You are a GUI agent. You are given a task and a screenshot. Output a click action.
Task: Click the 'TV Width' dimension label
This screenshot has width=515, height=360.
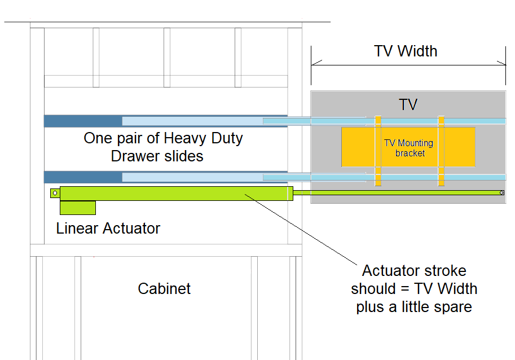pos(406,51)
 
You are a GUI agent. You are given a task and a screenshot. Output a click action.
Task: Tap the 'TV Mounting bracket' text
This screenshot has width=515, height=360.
pos(409,148)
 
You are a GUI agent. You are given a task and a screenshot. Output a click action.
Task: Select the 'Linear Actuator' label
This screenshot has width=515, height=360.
pos(108,229)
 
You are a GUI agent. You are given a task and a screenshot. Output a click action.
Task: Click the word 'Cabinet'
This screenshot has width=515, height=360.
pos(164,289)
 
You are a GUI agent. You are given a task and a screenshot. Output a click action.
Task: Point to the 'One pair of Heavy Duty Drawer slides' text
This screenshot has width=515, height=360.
pos(163,147)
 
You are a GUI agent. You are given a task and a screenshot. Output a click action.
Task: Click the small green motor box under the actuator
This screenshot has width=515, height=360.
pos(77,208)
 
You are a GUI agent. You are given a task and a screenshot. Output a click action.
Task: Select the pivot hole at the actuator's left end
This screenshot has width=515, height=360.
pos(54,194)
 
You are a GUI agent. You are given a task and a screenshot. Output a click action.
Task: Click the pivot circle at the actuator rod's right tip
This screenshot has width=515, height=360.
pos(502,193)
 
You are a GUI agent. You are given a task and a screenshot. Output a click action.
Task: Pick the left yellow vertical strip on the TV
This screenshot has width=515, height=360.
pos(378,151)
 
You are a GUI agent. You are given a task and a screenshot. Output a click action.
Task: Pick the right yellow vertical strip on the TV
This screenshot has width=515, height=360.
pos(441,151)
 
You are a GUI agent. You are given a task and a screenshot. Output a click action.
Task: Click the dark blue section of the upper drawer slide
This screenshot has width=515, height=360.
pos(83,121)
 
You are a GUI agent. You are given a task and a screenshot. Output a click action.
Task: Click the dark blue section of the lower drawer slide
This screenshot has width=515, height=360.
pos(83,177)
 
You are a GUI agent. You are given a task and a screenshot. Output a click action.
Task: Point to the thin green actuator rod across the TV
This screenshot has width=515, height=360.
pos(395,193)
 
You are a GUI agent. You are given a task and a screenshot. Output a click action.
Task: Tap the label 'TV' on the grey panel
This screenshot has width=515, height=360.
pos(408,105)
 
